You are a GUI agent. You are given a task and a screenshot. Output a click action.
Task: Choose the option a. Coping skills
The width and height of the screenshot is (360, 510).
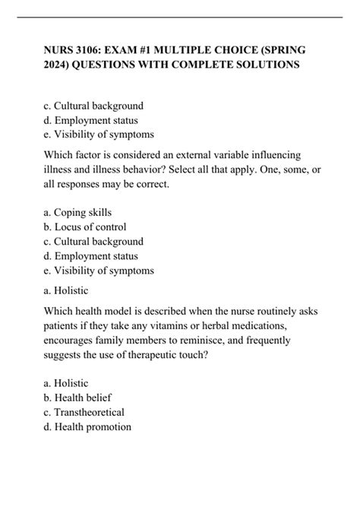pos(78,212)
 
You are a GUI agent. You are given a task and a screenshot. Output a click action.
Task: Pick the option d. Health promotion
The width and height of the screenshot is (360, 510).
pos(89,427)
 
